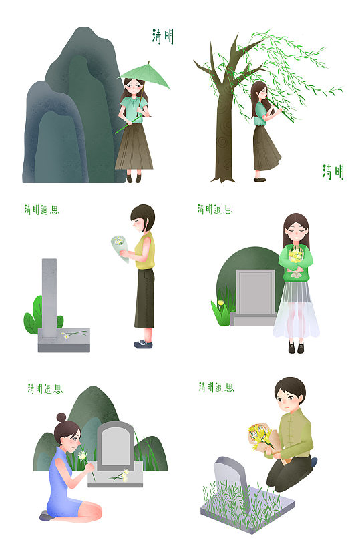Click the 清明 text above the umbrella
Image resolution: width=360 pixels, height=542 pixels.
pos(162,37)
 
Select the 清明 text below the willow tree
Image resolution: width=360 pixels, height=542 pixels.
pos(333,172)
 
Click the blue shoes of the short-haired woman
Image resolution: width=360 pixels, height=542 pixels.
pos(142,344)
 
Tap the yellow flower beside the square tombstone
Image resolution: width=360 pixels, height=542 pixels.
pos(221,304)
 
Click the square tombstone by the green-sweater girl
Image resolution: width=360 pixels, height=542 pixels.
pos(256,292)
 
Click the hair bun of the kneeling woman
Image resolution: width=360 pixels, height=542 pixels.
pos(61,417)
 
